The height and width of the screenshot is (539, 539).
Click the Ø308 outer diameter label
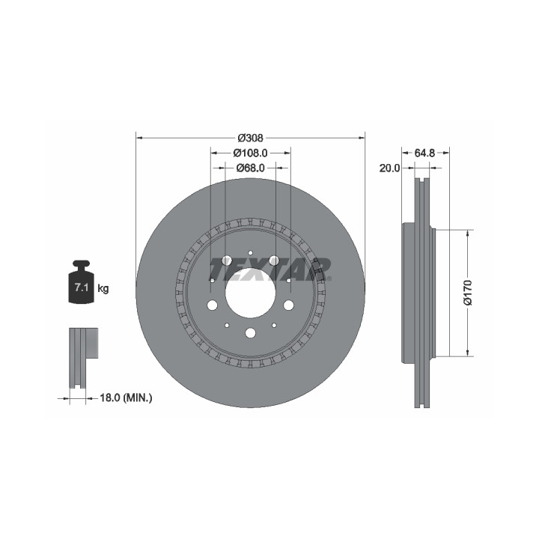point(250,138)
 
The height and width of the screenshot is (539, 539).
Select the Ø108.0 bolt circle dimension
point(250,152)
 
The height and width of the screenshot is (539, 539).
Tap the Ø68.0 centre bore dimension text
point(250,168)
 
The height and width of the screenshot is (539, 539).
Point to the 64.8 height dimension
point(424,153)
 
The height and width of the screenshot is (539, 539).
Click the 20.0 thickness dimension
point(390,168)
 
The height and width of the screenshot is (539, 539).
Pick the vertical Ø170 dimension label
point(468,293)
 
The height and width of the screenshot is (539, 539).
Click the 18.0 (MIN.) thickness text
point(126,398)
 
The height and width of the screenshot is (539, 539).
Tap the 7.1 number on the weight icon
point(82,287)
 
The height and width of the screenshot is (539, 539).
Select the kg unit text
point(103,288)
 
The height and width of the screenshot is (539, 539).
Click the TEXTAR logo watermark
point(270,269)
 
